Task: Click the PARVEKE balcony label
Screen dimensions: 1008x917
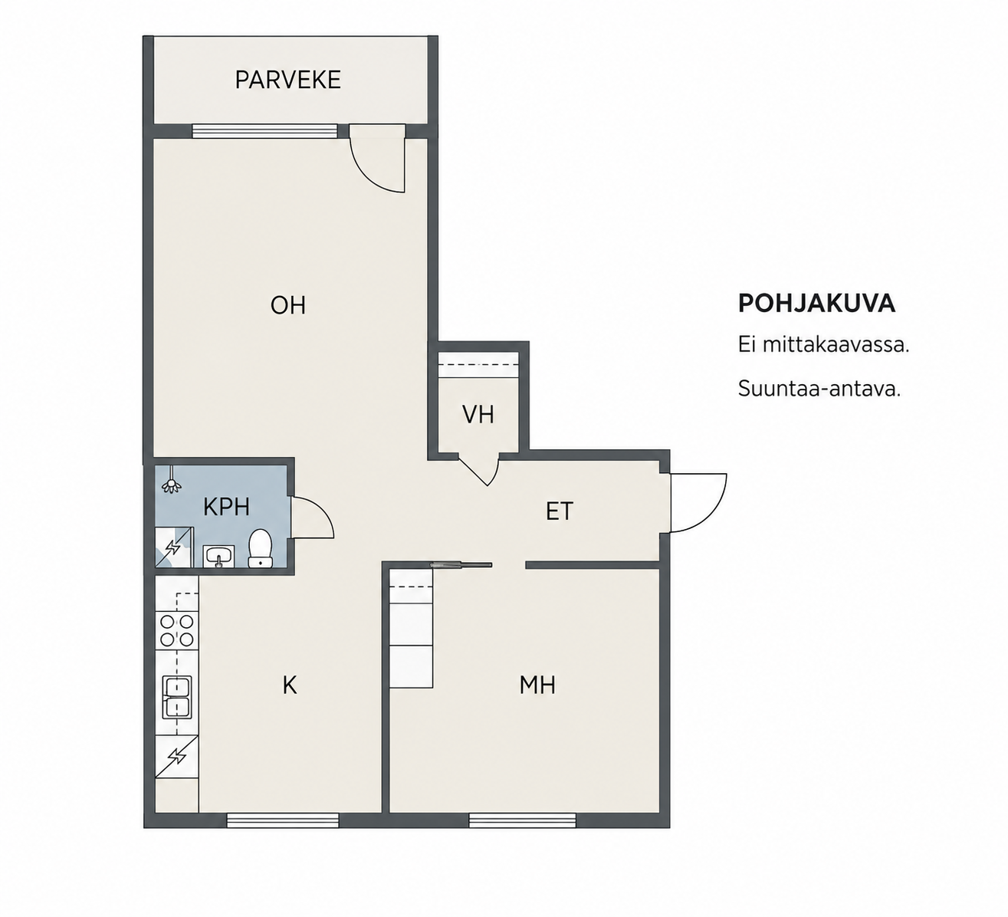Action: coord(288,80)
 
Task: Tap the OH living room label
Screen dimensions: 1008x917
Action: coord(288,305)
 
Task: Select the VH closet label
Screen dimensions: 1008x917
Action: coord(478,415)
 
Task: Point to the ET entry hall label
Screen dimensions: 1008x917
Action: coord(560,511)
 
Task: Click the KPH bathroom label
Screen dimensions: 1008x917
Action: coord(226,508)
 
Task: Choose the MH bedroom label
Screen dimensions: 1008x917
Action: coord(537,685)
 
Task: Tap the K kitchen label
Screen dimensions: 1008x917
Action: coord(290,685)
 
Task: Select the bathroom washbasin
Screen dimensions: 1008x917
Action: coord(218,556)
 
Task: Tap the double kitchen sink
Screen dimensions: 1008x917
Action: coord(177,697)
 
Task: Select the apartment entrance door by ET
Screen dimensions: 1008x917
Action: coord(699,503)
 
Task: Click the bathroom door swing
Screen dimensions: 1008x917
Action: coord(313,518)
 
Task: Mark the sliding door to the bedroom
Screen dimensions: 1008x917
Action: coord(461,565)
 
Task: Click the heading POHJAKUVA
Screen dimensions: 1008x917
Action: coord(816,304)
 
